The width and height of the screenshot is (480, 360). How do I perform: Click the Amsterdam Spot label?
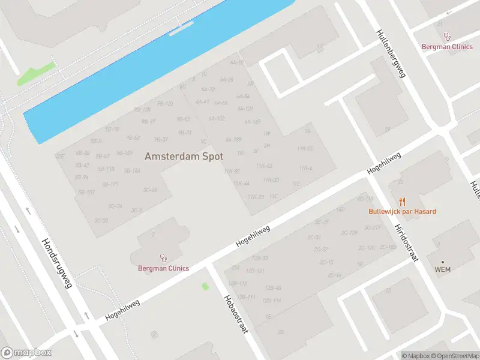click(184, 156)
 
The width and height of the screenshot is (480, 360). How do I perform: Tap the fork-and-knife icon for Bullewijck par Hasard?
click(402, 202)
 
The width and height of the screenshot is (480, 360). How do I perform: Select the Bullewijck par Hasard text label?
click(402, 212)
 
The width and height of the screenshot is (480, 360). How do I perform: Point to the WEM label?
click(443, 269)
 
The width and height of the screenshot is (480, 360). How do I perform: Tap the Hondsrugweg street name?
click(57, 263)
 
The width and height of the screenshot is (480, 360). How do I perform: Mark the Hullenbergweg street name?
click(391, 53)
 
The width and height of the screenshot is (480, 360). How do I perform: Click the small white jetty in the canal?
click(181, 29)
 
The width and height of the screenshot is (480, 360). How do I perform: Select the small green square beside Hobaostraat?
click(205, 286)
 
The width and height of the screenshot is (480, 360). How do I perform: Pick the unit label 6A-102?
click(217, 119)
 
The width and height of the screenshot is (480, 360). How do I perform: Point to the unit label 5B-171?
click(110, 184)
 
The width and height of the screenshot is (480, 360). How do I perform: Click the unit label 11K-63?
click(264, 166)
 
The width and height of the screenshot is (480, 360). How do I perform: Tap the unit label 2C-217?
click(373, 227)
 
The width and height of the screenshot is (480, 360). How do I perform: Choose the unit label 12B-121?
click(257, 271)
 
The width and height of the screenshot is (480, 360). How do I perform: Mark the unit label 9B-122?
click(166, 103)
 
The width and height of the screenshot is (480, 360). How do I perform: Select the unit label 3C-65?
click(150, 190)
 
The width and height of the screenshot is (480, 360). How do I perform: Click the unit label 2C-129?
click(349, 233)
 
